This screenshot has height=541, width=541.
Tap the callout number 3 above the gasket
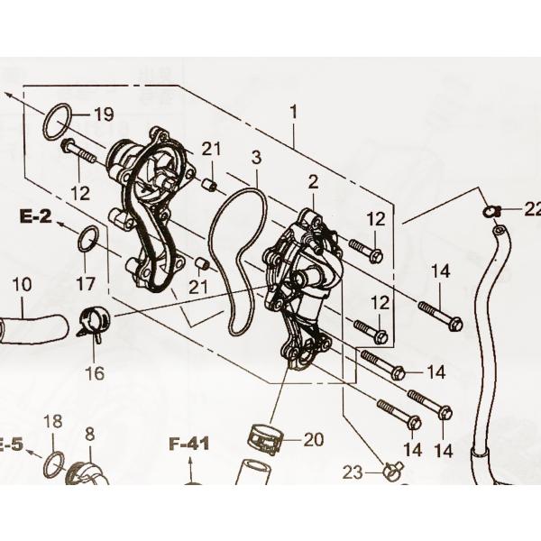click(256, 159)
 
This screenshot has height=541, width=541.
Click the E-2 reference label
click(33, 215)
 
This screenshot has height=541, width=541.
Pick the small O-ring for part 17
click(87, 241)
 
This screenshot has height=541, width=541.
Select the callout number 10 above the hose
click(23, 284)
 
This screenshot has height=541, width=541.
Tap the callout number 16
click(95, 372)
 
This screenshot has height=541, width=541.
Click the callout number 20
click(312, 440)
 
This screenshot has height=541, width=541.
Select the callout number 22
click(530, 209)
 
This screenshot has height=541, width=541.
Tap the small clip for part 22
click(491, 211)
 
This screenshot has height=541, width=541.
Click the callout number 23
click(353, 472)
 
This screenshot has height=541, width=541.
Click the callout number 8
click(89, 435)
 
